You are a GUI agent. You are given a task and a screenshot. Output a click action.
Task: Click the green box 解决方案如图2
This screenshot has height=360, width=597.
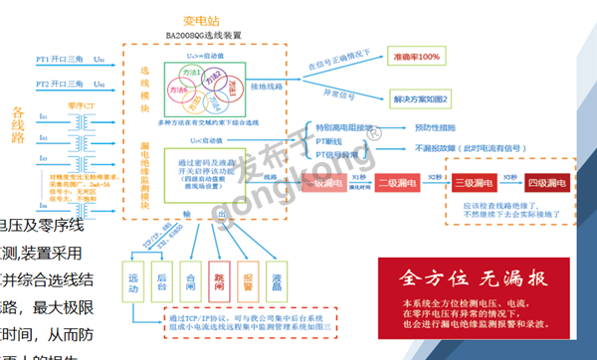tap(424, 100)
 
